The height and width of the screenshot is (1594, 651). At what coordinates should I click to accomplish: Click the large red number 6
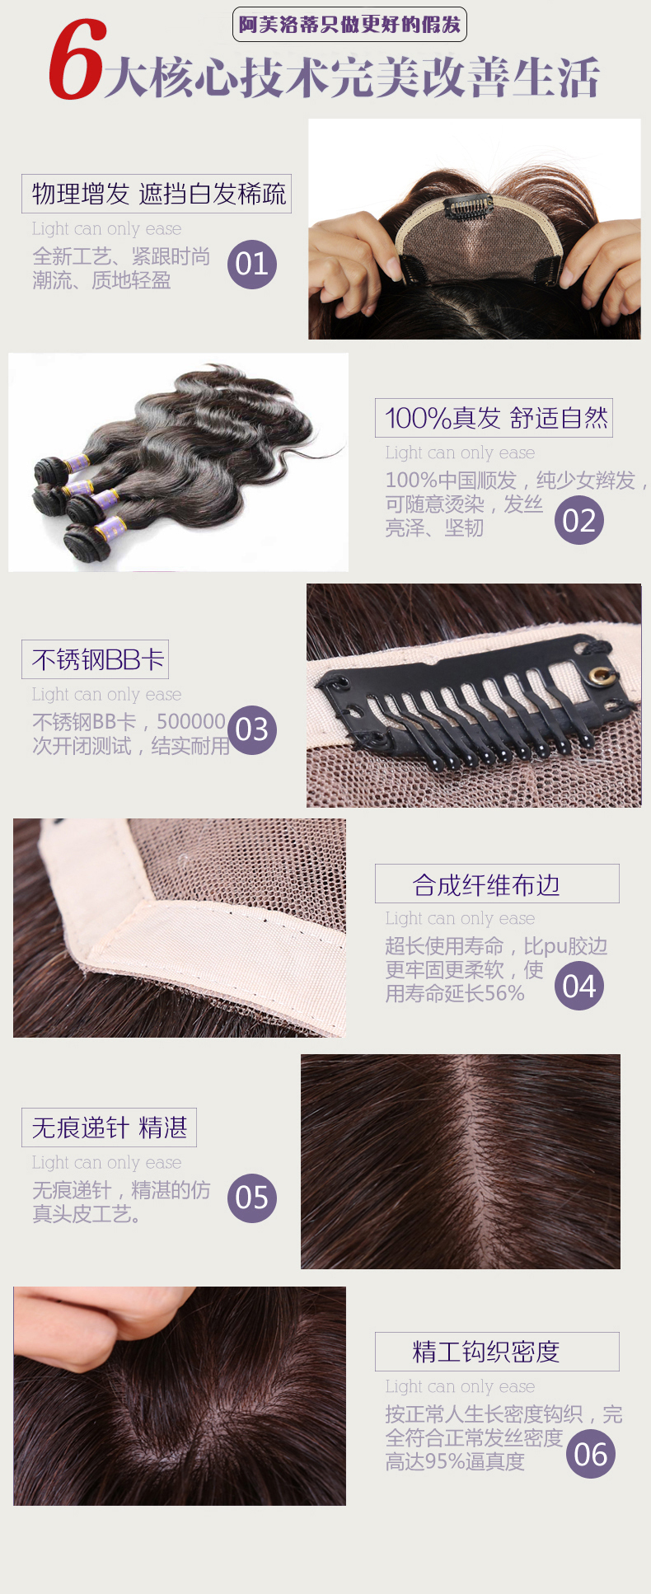[x=76, y=60]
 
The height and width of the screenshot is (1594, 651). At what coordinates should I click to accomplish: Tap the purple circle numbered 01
[x=252, y=264]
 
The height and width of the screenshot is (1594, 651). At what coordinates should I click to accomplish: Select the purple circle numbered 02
[x=579, y=520]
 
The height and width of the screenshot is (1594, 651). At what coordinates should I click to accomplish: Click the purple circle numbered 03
[x=252, y=729]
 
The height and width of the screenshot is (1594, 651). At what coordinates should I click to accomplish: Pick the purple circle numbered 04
[x=579, y=986]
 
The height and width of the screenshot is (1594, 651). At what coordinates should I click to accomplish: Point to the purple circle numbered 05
[x=252, y=1198]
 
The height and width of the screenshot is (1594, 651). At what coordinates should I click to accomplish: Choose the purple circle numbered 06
[x=591, y=1454]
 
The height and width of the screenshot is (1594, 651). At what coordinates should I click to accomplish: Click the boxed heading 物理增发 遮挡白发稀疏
[x=157, y=194]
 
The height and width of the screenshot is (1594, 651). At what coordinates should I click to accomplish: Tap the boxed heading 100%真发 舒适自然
[x=494, y=418]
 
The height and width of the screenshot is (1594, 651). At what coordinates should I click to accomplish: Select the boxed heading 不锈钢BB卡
[x=96, y=659]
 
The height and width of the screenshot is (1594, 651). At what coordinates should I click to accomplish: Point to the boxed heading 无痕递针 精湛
[x=109, y=1128]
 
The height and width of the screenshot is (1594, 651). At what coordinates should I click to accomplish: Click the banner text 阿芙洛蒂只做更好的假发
[x=349, y=25]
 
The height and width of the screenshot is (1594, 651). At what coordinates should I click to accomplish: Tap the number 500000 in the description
[x=191, y=722]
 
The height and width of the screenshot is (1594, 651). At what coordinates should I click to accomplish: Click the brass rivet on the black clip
[x=600, y=676]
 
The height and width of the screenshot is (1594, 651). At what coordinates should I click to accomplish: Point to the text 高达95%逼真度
[x=455, y=1462]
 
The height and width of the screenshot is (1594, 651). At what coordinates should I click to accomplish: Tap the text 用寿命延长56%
[x=455, y=994]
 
